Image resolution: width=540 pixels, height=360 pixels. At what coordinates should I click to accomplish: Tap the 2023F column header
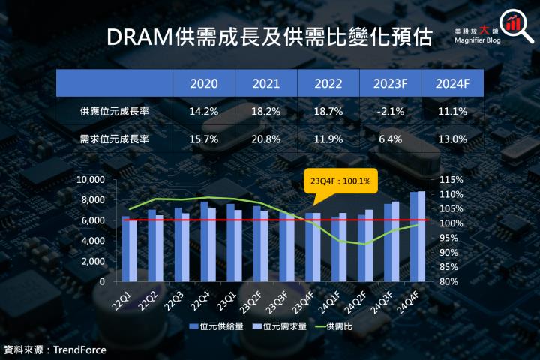tap(389, 82)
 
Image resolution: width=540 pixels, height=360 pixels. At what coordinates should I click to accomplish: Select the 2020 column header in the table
tap(204, 82)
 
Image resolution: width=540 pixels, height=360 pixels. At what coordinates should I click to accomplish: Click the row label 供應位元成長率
tap(113, 111)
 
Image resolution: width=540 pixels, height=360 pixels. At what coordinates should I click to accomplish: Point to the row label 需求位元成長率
tap(113, 139)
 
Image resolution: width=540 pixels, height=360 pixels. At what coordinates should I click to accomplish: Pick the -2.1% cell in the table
tap(389, 111)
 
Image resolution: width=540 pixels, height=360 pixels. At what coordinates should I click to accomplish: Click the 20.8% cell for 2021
tap(266, 139)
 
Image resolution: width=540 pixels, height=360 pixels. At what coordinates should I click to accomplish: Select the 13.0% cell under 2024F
tap(451, 139)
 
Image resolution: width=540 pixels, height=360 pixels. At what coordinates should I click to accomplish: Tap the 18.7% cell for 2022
tap(328, 111)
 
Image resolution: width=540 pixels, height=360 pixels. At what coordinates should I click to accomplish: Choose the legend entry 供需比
tap(338, 327)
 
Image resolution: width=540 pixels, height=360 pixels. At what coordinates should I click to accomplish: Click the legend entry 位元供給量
tap(220, 327)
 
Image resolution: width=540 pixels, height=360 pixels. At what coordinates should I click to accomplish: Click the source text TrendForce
tap(79, 349)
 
